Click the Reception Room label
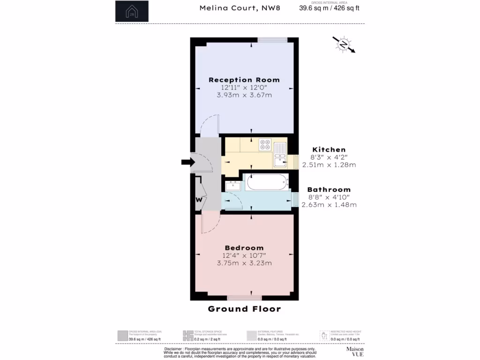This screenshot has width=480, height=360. [244, 80]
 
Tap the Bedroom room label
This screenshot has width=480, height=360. [244, 248]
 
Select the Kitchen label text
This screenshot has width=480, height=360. [329, 150]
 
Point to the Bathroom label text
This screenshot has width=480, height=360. [329, 189]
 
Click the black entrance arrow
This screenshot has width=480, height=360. [187, 162]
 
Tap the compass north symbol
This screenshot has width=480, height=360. [344, 45]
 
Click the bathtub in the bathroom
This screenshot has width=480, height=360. [266, 182]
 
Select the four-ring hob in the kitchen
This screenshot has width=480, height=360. [265, 145]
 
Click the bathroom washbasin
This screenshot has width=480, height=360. [232, 186]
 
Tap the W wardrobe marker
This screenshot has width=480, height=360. [199, 199]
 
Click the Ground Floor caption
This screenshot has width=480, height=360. [244, 309]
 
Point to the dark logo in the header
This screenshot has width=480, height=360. [132, 11]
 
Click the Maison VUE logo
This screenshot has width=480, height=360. [355, 352]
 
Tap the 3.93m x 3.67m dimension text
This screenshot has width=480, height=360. [244, 95]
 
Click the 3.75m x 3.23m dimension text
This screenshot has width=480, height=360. [244, 263]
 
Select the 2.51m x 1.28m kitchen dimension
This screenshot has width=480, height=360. [329, 165]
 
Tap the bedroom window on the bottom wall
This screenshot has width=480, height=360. [244, 298]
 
